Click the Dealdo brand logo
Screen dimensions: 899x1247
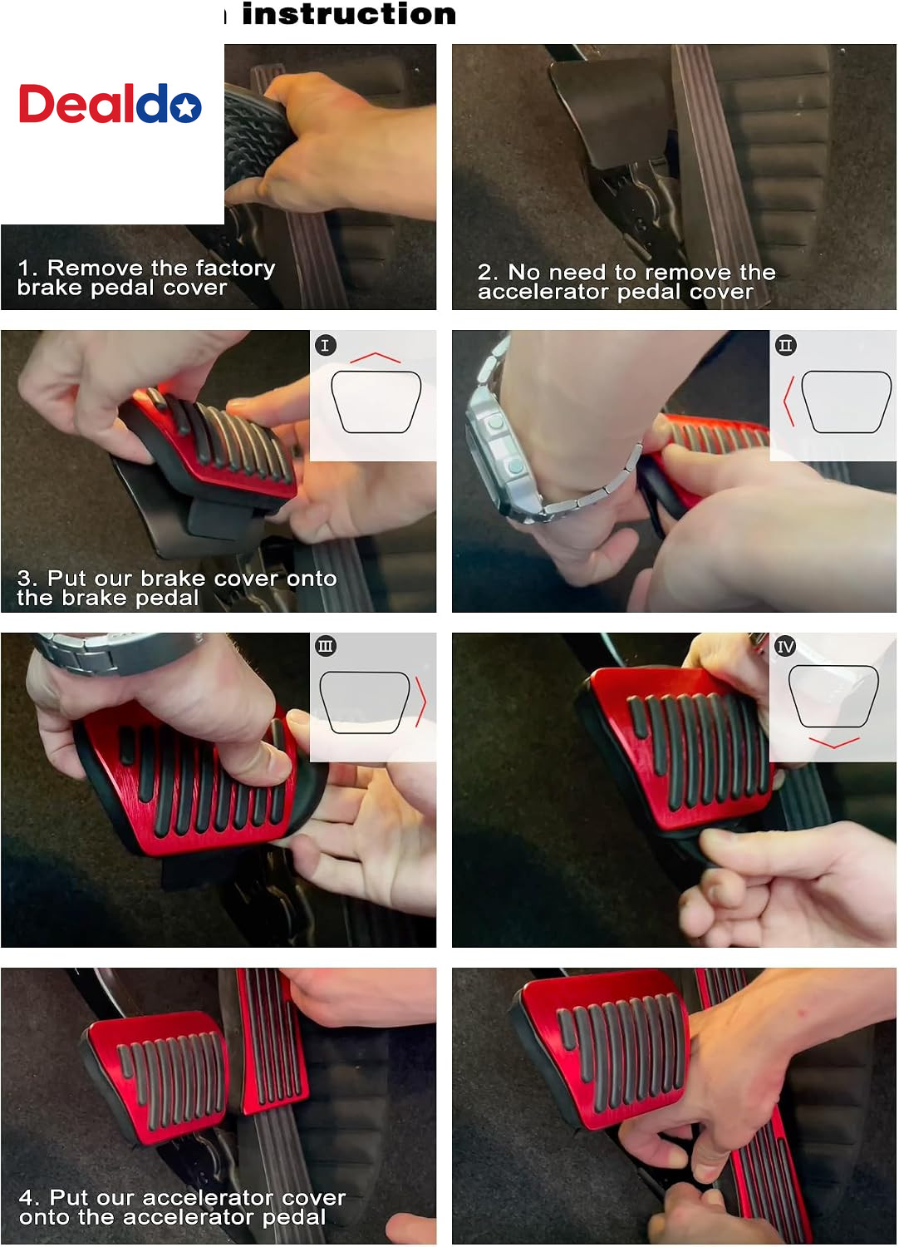[x=111, y=104]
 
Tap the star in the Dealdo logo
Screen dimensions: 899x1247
[x=186, y=107]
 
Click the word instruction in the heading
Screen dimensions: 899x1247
[x=349, y=14]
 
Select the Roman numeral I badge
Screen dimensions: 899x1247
[x=326, y=345]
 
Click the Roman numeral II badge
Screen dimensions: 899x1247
[x=785, y=345]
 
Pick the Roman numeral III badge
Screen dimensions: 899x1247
[x=326, y=646]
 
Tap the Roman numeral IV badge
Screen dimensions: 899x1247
[x=785, y=646]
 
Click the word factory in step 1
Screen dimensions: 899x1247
[x=235, y=269]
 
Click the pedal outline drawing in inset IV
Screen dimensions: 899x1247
[x=833, y=696]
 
